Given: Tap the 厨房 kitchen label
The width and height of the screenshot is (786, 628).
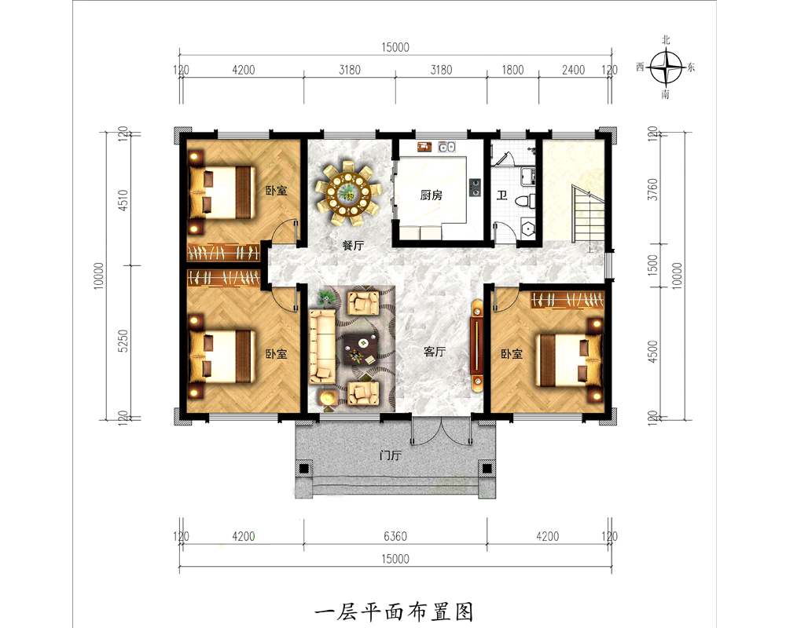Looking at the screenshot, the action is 431,195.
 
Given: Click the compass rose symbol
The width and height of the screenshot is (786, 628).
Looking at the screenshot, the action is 666,67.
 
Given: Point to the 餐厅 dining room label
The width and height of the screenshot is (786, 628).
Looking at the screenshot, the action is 353,246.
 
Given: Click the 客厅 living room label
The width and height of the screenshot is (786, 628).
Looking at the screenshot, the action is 434,352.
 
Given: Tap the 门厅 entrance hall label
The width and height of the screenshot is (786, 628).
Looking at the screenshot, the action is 390,455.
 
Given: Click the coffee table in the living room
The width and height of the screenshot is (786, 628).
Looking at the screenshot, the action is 361,349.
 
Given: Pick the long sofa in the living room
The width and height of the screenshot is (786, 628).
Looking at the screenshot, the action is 321,346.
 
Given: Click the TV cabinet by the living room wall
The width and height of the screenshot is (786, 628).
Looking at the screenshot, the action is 477,345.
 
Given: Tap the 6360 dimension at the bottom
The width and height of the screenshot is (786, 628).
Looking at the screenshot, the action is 395,536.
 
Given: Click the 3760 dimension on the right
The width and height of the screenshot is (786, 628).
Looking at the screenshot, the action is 652,189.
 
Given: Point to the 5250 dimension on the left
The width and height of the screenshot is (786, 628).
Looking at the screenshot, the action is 123,341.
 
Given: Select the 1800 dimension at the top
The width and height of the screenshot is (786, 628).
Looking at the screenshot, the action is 512,70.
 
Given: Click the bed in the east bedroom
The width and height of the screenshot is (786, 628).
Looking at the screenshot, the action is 569,360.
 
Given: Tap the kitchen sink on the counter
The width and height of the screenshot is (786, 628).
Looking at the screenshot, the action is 446,146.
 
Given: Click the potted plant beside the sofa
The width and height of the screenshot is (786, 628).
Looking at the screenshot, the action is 326,299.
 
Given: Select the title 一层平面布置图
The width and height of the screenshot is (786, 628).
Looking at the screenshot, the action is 394,612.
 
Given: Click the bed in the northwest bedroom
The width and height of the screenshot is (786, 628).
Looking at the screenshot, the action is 221,193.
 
